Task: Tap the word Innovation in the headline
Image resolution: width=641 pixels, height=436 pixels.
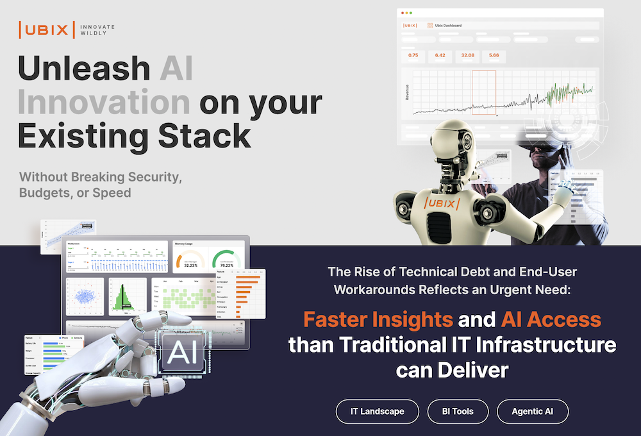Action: click(104, 103)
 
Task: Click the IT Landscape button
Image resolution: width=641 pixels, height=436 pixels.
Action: click(378, 412)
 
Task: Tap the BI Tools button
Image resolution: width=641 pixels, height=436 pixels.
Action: click(456, 412)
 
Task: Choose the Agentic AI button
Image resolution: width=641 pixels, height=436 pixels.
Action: click(532, 412)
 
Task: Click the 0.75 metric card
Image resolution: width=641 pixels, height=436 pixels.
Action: click(413, 56)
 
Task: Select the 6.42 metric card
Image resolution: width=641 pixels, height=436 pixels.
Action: click(440, 56)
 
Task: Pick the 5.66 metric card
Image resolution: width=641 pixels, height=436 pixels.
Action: click(494, 56)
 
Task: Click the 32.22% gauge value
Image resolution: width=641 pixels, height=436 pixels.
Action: click(190, 264)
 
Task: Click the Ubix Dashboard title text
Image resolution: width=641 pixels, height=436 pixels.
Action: click(448, 26)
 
